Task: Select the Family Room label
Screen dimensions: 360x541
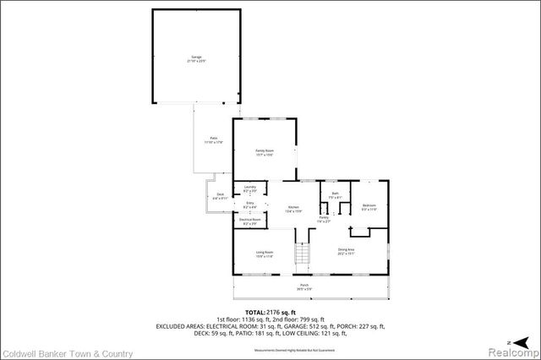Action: point(265,152)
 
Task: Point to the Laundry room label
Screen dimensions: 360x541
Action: point(249,188)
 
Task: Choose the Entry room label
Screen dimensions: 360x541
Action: point(249,205)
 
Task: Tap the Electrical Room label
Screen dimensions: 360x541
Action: point(249,221)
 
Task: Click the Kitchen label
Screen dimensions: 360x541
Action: point(292,209)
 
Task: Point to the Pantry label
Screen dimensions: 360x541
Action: point(323,219)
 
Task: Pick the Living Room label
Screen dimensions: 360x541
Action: point(264,254)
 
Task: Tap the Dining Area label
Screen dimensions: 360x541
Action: point(346,251)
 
